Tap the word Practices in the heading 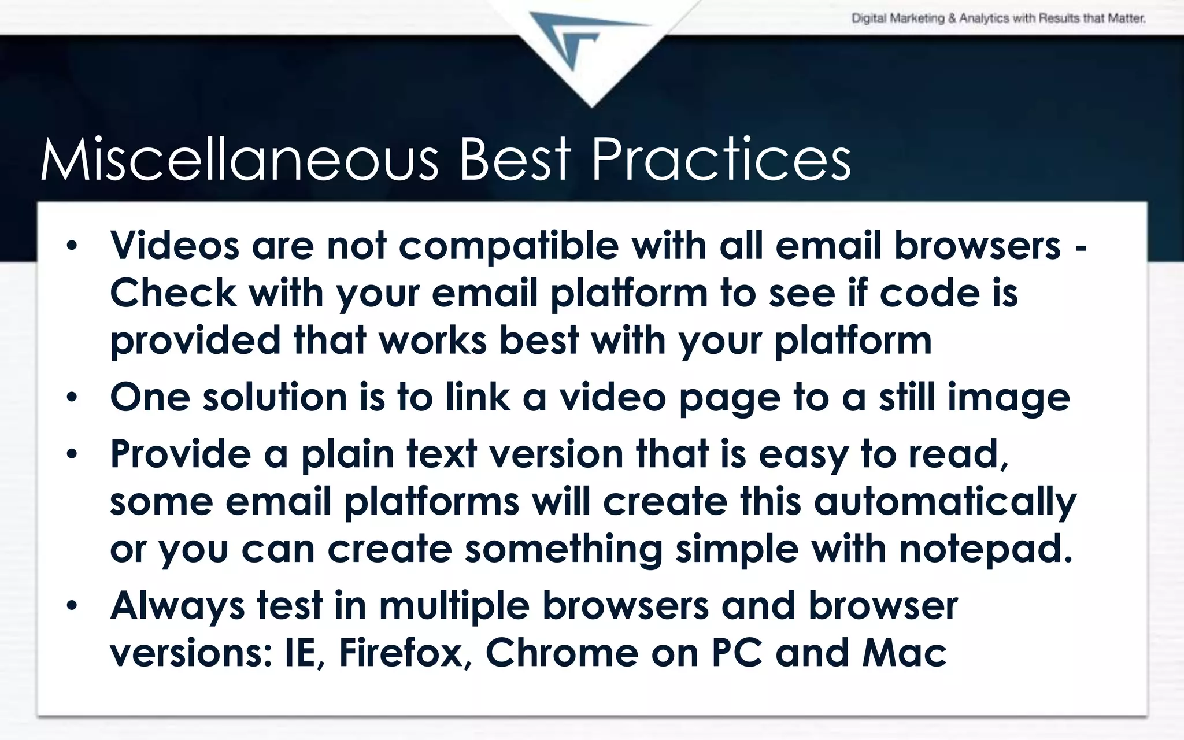[x=720, y=160]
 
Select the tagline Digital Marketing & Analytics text [x=998, y=18]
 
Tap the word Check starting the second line [x=173, y=293]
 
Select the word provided [x=195, y=341]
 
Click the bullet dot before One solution [x=71, y=398]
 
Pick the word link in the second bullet [x=478, y=398]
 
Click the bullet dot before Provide [x=71, y=454]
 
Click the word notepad [x=985, y=549]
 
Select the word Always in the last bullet [x=177, y=606]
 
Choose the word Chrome [x=561, y=653]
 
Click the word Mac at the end [x=904, y=653]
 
